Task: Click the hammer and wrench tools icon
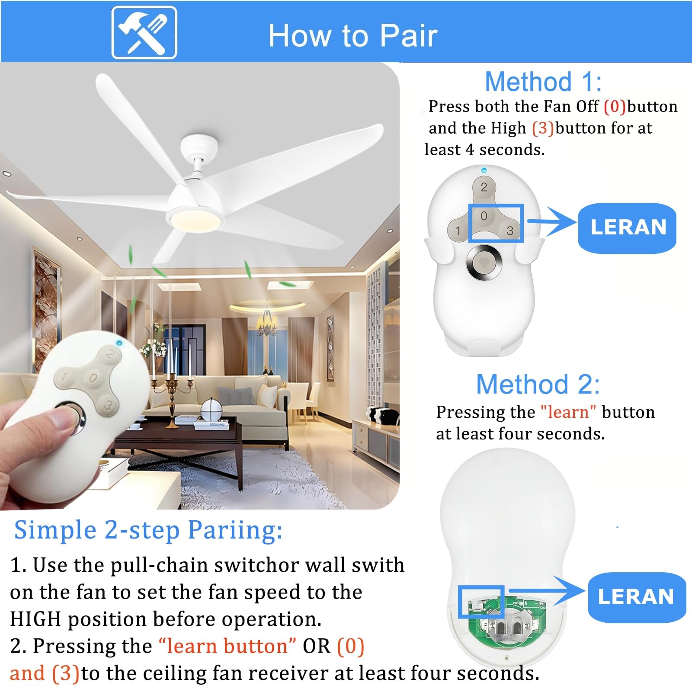144,33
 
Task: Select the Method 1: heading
543,81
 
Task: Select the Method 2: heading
538,384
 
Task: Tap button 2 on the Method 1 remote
484,187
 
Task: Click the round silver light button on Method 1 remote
484,261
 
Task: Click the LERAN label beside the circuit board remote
636,597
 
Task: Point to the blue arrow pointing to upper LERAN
554,221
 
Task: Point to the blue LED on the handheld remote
119,343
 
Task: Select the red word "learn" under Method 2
568,412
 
